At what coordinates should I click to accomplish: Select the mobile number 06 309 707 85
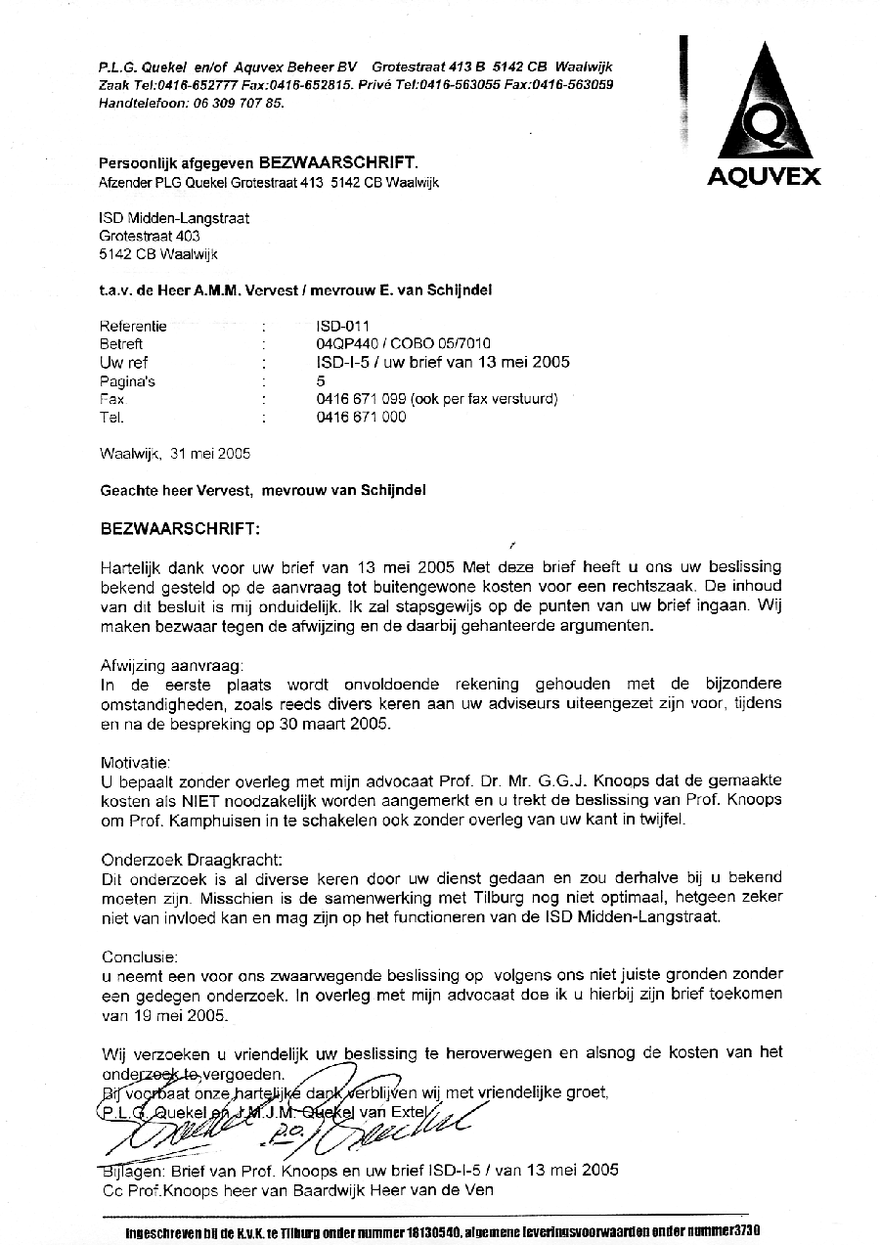tap(237, 102)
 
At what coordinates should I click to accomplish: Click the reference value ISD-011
tap(343, 326)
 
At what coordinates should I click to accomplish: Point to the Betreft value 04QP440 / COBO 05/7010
tap(404, 343)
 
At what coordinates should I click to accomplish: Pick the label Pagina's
tap(127, 380)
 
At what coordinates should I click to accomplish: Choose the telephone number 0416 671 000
tap(361, 417)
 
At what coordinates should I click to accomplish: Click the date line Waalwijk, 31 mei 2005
tap(175, 454)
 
